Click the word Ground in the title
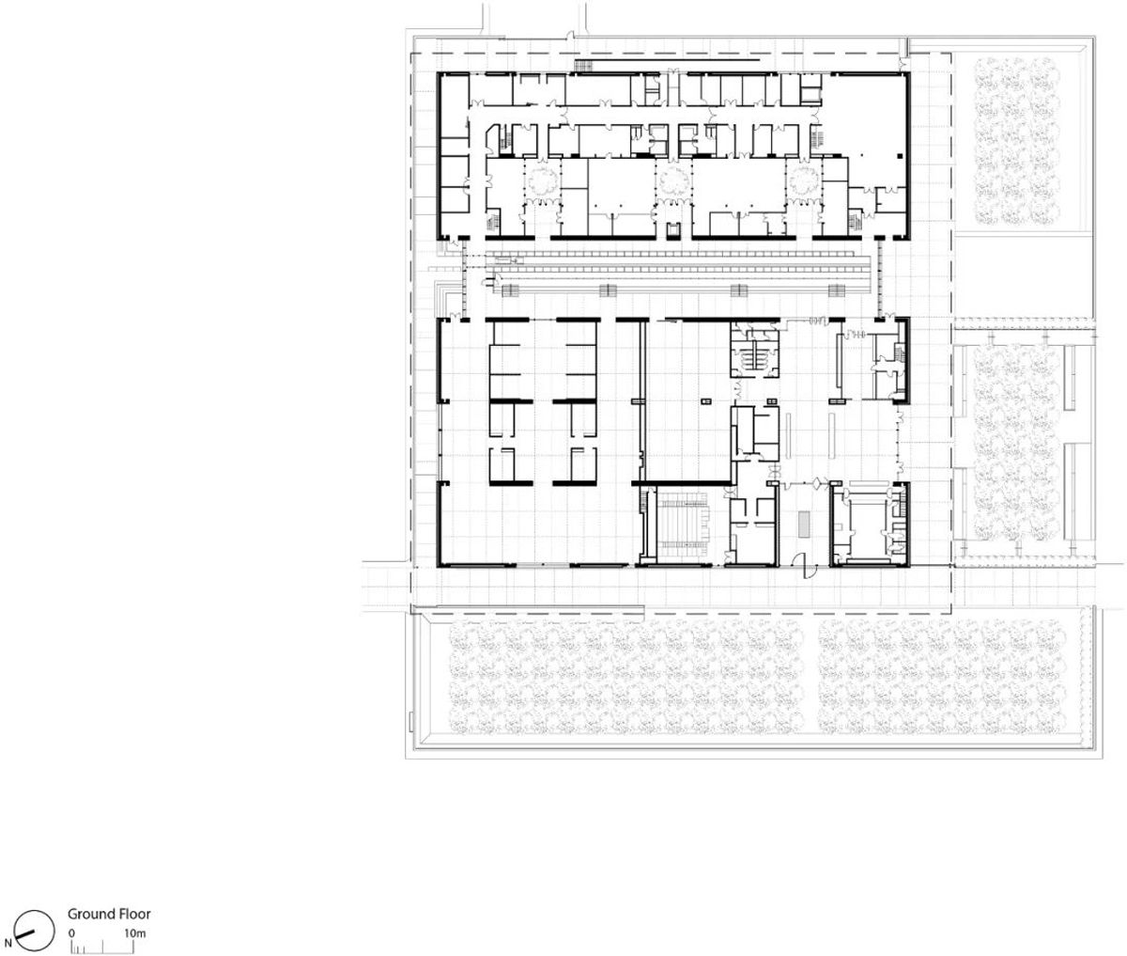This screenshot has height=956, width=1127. [x=90, y=914]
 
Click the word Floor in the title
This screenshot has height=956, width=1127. [x=133, y=914]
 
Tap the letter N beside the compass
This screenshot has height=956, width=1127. [x=8, y=942]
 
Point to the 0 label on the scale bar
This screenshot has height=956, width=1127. [x=71, y=932]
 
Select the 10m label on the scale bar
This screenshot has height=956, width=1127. [x=134, y=932]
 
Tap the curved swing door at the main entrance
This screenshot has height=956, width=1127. [x=804, y=568]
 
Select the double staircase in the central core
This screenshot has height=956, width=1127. [x=755, y=353]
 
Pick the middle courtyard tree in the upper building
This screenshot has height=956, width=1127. [x=674, y=181]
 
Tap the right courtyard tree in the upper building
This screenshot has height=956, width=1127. [x=803, y=181]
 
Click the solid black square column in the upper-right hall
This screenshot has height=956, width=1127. [x=1063, y=157]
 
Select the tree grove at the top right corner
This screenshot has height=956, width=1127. [x=1016, y=141]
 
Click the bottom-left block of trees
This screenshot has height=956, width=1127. [x=627, y=677]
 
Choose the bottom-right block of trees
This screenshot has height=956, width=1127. [x=942, y=677]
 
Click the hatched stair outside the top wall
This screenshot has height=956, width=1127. [x=583, y=66]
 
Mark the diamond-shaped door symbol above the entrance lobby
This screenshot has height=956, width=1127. [x=817, y=483]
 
